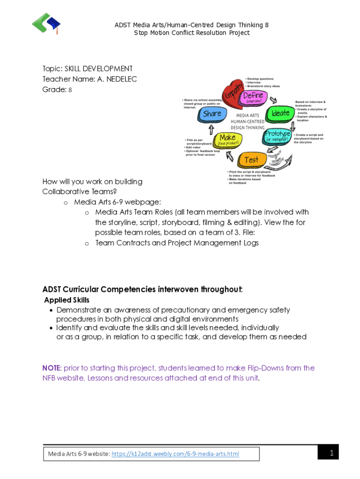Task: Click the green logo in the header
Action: point(46,23)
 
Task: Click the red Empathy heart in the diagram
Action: point(233,92)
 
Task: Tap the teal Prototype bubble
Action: point(278,136)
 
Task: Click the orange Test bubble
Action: point(252,160)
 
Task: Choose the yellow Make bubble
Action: point(228,139)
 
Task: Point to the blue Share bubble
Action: point(212,114)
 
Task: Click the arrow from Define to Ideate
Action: point(273,99)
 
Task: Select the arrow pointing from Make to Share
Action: point(211,129)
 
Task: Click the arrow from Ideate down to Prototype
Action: point(293,126)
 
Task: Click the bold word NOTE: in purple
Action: point(52,368)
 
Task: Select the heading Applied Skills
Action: point(67,300)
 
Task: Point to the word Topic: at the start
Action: point(52,69)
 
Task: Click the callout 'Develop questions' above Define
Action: point(260,79)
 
